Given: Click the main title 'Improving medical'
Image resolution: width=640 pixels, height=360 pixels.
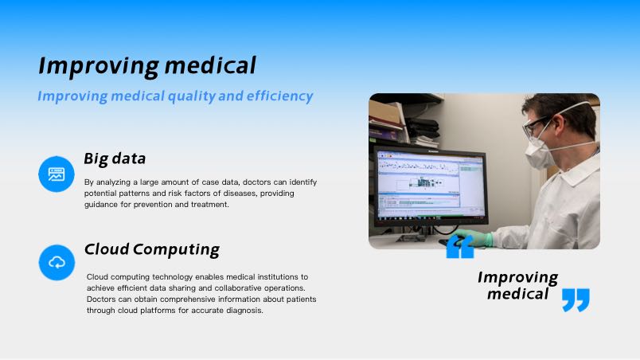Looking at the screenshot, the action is point(147,66).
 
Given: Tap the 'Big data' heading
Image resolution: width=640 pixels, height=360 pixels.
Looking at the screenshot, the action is point(115,158).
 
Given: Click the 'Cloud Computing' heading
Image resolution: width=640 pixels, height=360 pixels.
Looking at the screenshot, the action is point(152,249).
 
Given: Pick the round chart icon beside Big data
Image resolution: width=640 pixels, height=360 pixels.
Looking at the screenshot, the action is point(57,174).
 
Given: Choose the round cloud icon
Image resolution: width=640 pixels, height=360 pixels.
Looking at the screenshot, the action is point(57,263).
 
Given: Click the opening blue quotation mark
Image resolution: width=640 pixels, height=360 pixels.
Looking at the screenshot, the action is point(460,247).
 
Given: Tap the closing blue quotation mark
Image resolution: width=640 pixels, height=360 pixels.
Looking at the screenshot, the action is point(576,300).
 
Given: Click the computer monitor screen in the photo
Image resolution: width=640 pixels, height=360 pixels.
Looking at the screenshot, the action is point(431,184).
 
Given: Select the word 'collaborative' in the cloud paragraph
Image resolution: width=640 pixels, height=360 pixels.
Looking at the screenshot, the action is point(238,288).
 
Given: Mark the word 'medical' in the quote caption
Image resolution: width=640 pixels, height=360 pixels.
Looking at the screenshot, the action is point(518,294).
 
